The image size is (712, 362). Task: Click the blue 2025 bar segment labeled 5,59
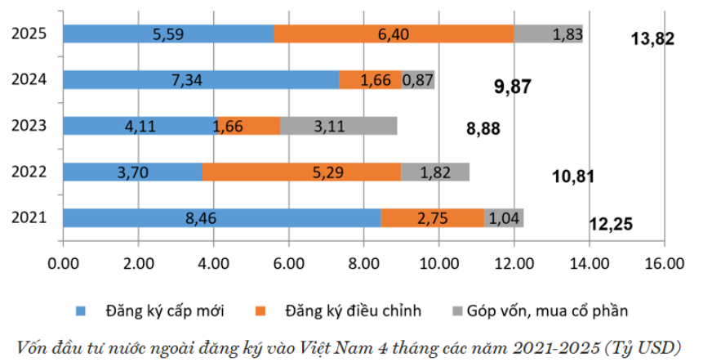coord(168,34)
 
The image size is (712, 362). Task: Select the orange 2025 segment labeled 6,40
coord(394,34)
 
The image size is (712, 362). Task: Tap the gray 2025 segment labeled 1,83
coord(549,34)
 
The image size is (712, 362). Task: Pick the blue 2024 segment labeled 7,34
coord(201,79)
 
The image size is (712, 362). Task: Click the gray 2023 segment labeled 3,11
coord(339,126)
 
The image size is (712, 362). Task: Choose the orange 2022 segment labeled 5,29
coord(301,172)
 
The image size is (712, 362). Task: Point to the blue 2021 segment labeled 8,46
coord(221,218)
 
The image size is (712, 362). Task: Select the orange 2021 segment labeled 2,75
coord(433,218)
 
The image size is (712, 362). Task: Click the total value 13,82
coord(653,38)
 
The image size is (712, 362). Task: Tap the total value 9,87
coord(514,87)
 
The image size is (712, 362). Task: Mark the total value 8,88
coord(483,128)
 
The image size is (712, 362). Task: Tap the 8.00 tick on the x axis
coord(363,263)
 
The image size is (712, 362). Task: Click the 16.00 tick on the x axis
coord(663,263)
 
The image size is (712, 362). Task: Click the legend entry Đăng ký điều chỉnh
coord(353,311)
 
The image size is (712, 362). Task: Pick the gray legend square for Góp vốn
coord(456,311)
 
